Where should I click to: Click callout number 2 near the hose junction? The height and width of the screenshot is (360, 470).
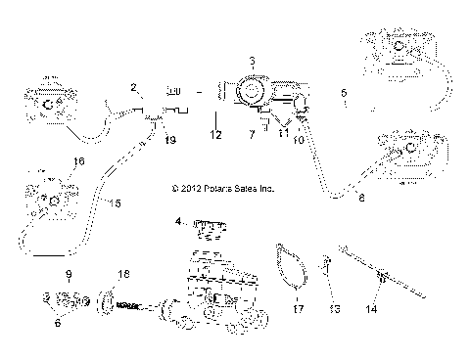click(133, 88)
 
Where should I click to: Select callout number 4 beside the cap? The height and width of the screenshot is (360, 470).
click(178, 221)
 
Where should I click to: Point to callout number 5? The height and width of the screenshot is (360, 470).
click(344, 94)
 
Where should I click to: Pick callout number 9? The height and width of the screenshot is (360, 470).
click(68, 273)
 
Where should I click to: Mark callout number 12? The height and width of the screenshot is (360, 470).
click(214, 131)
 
